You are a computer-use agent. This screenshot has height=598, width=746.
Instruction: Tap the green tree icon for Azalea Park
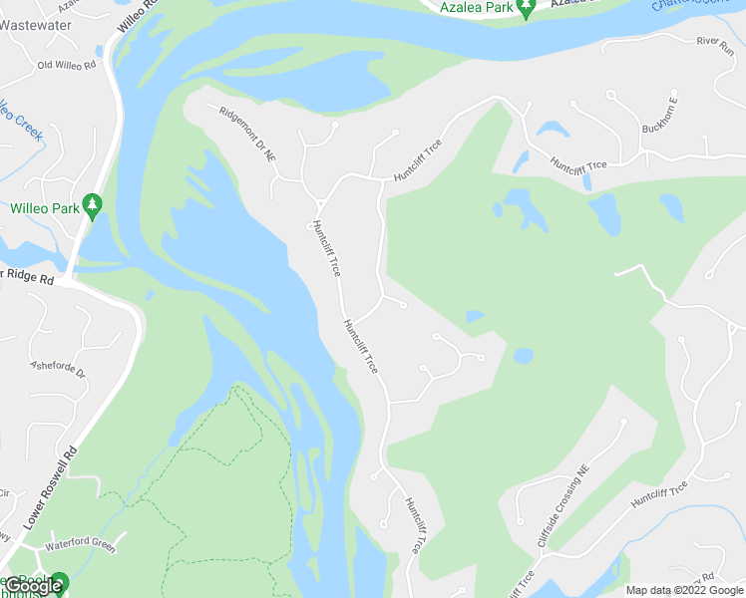(x=527, y=7)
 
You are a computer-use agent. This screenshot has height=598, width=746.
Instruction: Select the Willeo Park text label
(x=44, y=209)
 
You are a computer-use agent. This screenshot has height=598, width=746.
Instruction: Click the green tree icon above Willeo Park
(x=93, y=206)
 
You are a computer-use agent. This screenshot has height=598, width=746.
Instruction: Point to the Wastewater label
(x=31, y=26)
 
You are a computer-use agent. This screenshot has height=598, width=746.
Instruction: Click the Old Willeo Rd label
(x=66, y=65)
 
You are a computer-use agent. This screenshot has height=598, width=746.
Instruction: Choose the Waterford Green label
(x=81, y=545)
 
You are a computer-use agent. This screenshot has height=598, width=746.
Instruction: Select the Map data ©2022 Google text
(x=684, y=590)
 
